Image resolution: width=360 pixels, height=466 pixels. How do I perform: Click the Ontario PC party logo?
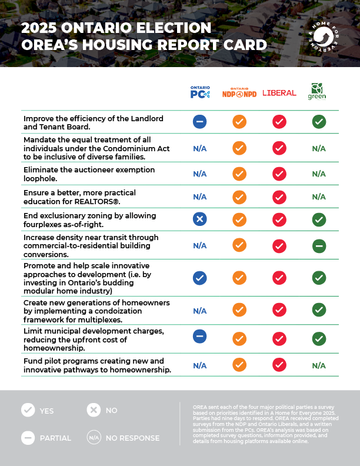tap(199, 92)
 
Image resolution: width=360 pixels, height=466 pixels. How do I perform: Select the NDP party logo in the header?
tap(239, 93)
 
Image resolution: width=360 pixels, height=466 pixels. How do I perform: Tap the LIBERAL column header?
tap(279, 93)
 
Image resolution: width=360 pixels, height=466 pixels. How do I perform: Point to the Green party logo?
tap(317, 91)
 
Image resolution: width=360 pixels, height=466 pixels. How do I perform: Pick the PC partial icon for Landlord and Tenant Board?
tap(199, 122)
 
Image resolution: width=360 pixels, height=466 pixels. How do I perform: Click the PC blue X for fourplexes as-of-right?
tap(199, 219)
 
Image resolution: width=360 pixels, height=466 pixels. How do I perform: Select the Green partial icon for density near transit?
tap(318, 245)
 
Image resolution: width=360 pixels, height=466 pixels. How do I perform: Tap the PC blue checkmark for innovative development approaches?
tap(199, 278)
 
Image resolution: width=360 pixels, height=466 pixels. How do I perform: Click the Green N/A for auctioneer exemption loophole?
tap(318, 174)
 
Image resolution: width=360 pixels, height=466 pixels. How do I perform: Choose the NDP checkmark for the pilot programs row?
tap(239, 365)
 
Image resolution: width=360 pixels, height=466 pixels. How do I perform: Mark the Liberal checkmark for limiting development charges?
tap(279, 338)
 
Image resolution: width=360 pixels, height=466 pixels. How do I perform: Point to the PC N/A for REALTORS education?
tap(199, 197)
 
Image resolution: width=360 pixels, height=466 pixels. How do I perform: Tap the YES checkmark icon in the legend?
tap(28, 411)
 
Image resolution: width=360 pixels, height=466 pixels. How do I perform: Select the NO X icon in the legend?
tap(94, 411)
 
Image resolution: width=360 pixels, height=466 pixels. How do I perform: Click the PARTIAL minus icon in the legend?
tap(28, 437)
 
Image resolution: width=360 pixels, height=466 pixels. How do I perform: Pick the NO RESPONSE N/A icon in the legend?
tap(94, 437)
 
